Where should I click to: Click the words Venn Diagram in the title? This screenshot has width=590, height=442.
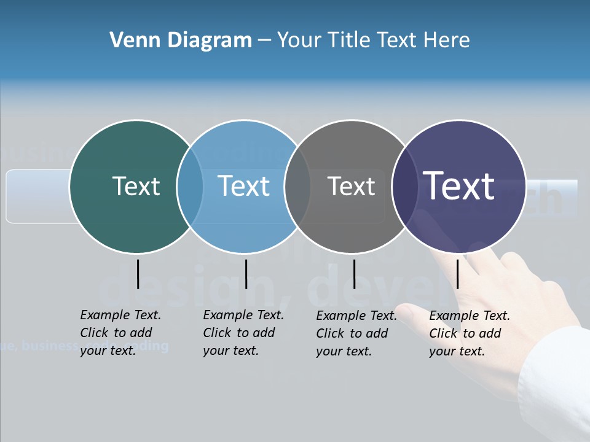pyautogui.click(x=181, y=41)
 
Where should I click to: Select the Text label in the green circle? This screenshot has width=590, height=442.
pyautogui.click(x=136, y=186)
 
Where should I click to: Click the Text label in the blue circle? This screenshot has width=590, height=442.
pyautogui.click(x=244, y=186)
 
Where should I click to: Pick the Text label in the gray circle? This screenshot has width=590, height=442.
pyautogui.click(x=351, y=186)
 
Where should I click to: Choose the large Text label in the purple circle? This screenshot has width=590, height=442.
pyautogui.click(x=459, y=185)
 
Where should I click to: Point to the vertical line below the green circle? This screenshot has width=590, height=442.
pyautogui.click(x=138, y=274)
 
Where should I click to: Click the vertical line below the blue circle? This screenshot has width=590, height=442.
pyautogui.click(x=246, y=274)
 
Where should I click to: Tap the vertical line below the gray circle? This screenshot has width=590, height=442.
pyautogui.click(x=354, y=274)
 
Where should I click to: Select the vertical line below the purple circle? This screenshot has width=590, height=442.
pyautogui.click(x=458, y=274)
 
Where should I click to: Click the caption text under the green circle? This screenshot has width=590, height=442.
pyautogui.click(x=120, y=333)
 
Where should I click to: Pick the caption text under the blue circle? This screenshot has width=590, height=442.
pyautogui.click(x=243, y=333)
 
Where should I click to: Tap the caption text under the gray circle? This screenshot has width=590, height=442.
pyautogui.click(x=356, y=333)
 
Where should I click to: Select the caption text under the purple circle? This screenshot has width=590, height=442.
pyautogui.click(x=470, y=333)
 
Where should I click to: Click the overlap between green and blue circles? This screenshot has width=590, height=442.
pyautogui.click(x=190, y=187)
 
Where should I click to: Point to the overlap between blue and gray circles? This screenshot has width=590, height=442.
pyautogui.click(x=297, y=187)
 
